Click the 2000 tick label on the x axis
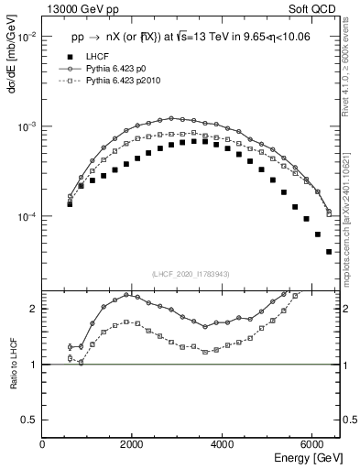click(x=133, y=443)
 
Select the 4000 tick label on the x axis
click(x=223, y=443)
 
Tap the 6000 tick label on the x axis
click(x=312, y=443)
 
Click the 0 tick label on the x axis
click(x=43, y=443)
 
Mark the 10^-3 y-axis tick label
click(x=27, y=126)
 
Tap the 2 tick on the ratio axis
click(x=35, y=309)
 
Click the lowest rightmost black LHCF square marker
click(x=329, y=252)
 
